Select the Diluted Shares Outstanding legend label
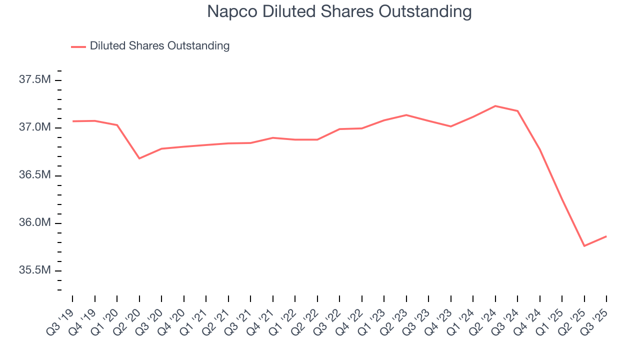tap(159, 46)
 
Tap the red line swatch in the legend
tap(78, 46)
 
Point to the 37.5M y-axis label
tap(34, 80)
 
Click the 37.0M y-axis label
tap(34, 127)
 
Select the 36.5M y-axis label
tap(34, 175)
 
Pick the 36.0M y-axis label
tap(34, 223)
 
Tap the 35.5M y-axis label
tap(34, 270)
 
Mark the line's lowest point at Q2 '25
tap(584, 246)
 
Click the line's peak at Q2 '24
tap(495, 106)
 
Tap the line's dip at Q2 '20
tap(139, 158)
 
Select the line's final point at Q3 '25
tap(606, 236)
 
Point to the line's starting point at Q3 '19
tap(72, 121)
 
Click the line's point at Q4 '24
tap(539, 149)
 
